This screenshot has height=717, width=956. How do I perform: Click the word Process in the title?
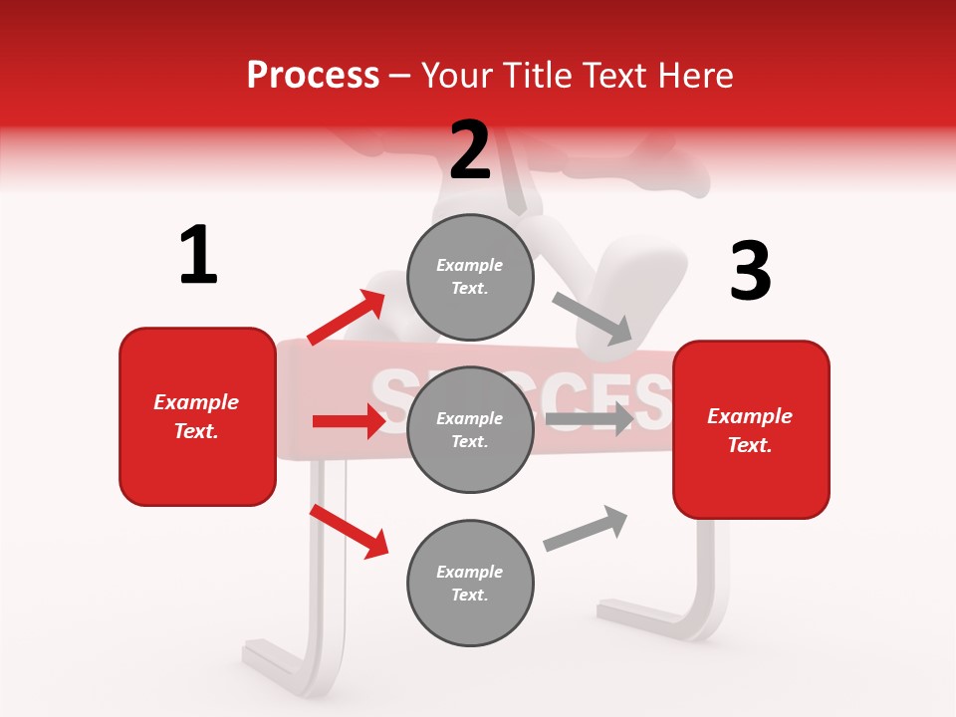tap(313, 75)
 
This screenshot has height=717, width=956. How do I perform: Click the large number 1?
tap(198, 255)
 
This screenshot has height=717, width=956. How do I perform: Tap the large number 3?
tap(750, 271)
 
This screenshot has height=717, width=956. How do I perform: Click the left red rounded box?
tap(197, 416)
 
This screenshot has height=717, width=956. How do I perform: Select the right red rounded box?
tap(751, 430)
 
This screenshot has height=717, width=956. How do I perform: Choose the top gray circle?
tap(470, 277)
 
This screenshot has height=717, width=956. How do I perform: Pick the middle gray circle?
tap(470, 429)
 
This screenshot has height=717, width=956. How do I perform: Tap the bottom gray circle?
tap(470, 583)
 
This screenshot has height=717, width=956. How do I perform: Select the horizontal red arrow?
tap(349, 421)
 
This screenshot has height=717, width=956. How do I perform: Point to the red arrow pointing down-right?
tap(350, 531)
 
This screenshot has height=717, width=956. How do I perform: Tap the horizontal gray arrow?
tap(589, 418)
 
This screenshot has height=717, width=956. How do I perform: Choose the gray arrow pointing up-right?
tap(586, 528)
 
